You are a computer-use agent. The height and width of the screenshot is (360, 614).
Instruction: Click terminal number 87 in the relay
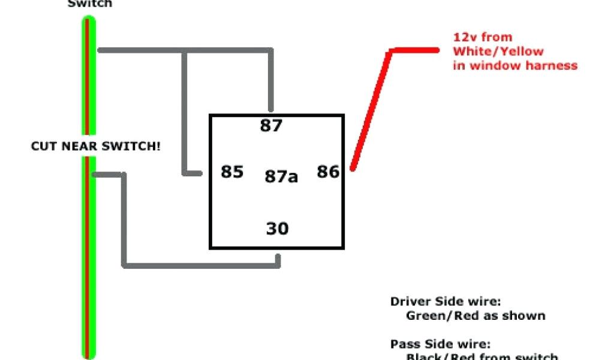pos(271,126)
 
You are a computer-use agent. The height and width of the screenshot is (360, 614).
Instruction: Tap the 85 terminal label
pos(232,172)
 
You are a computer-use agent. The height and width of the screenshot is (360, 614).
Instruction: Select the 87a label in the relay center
pos(281,177)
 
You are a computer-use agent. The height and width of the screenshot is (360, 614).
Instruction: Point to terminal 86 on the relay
pos(328,172)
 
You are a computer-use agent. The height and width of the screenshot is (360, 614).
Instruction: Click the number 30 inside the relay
pos(277,229)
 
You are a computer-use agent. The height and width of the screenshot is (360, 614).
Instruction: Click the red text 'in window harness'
pos(515,65)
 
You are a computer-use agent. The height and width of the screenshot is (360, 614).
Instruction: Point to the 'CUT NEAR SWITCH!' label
pos(96,146)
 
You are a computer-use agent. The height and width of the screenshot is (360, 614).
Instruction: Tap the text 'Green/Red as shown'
pos(475,316)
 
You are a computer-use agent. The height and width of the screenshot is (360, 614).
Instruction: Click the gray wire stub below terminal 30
pos(278,259)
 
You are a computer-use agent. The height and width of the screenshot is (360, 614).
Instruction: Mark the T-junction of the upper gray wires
pos(185,50)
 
